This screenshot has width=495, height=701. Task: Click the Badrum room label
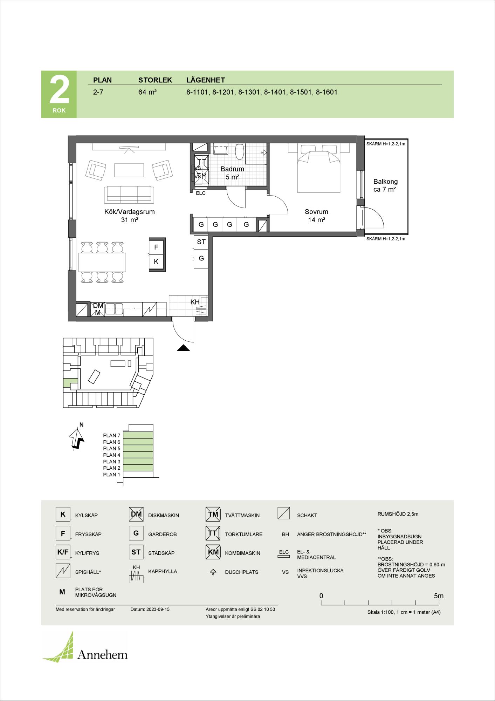232,169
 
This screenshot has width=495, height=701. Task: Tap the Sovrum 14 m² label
316,216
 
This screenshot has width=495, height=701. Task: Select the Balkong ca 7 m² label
385,185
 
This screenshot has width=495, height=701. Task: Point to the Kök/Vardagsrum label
129,212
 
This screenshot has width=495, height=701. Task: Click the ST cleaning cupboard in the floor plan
201,242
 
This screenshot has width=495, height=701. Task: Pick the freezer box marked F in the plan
156,247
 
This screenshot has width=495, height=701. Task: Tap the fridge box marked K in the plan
156,261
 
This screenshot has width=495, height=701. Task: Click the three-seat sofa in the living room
129,195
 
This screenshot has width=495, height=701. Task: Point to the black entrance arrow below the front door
183,348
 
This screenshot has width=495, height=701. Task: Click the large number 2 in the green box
59,90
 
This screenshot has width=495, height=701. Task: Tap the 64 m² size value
147,93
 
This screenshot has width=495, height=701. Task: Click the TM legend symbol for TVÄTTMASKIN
213,515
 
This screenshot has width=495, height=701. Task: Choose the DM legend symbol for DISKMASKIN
136,515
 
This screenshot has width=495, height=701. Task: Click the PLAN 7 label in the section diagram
111,436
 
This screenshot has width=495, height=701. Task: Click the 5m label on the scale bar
439,596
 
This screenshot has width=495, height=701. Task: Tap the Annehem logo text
102,654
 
